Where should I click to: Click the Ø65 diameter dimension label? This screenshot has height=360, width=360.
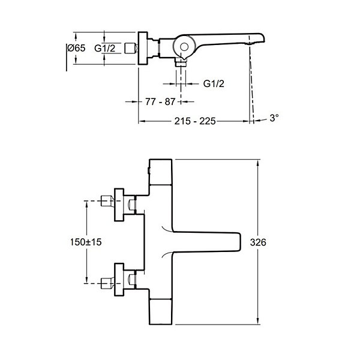(76, 48)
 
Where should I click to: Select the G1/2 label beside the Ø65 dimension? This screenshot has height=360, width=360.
(104, 49)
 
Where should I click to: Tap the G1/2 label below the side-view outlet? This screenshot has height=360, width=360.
(214, 84)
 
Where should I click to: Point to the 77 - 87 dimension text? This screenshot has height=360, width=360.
(160, 101)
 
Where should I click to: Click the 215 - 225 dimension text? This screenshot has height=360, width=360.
(195, 121)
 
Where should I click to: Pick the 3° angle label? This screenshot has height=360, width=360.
(274, 118)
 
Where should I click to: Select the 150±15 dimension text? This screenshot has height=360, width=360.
(86, 242)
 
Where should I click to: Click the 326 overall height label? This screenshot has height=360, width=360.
(258, 242)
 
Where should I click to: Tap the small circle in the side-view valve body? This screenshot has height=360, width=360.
(184, 47)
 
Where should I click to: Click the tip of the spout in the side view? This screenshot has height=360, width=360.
(264, 38)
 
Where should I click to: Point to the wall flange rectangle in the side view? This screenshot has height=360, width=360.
(143, 49)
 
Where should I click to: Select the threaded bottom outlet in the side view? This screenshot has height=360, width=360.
(181, 62)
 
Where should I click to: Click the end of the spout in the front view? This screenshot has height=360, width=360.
(239, 242)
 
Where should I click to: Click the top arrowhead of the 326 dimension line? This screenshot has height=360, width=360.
(258, 162)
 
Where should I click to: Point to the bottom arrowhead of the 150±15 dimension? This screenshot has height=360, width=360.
(86, 281)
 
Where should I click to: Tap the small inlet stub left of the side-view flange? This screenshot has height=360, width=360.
(131, 49)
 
